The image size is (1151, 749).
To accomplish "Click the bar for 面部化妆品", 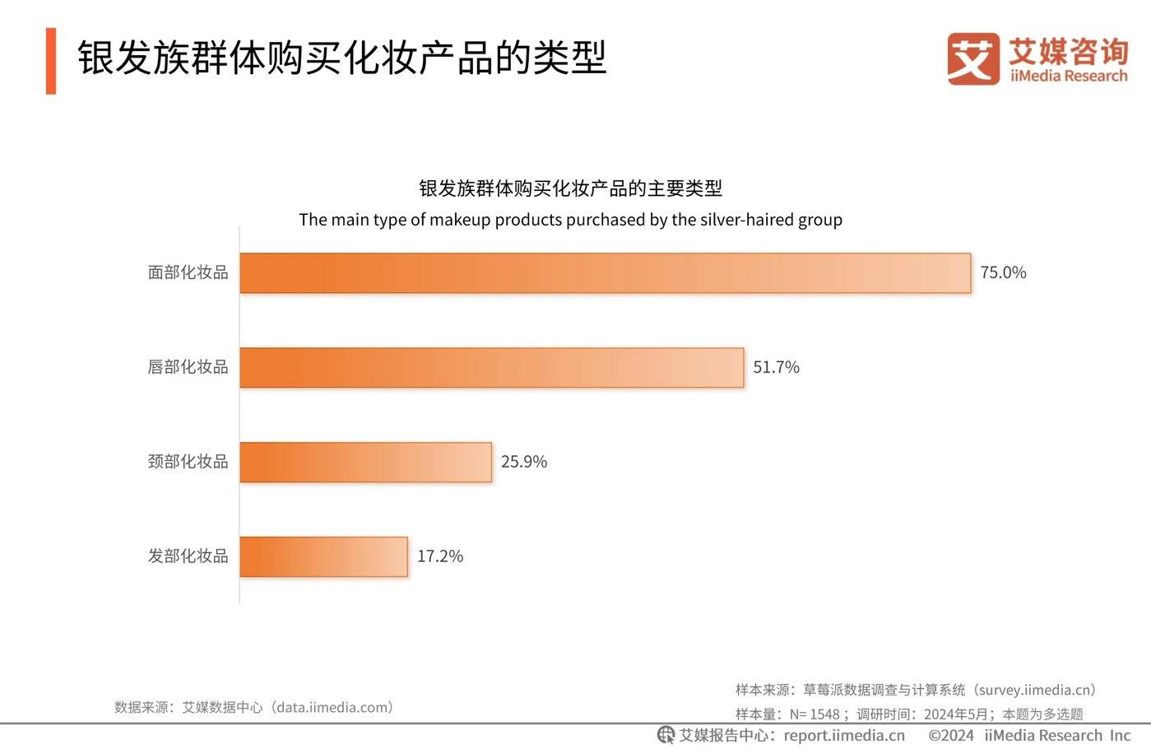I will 605,273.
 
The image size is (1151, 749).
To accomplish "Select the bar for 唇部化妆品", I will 491,368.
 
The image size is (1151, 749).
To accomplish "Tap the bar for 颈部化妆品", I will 365,463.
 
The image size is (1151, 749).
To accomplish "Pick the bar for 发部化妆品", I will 323,557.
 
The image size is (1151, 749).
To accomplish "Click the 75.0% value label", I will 1003,273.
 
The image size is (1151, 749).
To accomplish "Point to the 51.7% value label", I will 776,368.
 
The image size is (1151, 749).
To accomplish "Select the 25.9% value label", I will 523,463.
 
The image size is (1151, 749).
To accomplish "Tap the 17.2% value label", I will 439,557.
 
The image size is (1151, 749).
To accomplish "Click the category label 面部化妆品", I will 188,273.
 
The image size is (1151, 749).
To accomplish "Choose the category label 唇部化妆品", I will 188,368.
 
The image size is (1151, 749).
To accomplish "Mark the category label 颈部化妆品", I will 188,463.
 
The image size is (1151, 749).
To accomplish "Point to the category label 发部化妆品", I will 188,557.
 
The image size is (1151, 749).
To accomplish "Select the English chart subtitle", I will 570,221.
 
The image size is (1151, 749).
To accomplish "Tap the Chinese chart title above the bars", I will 570,188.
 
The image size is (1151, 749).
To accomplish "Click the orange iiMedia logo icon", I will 972,59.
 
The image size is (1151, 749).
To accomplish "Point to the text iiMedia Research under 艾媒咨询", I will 1069,77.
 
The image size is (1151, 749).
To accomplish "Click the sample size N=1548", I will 814,714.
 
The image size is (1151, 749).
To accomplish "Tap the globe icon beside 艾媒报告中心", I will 666,735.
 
